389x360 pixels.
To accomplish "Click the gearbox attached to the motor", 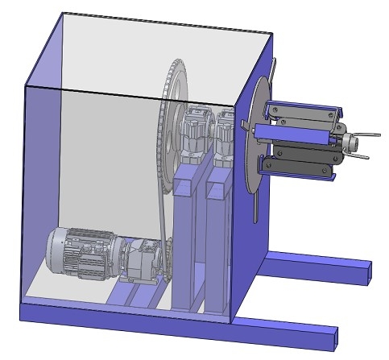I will [x=140, y=259].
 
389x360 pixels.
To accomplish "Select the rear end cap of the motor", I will [x=55, y=250].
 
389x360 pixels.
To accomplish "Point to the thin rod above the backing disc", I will [x=273, y=68].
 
